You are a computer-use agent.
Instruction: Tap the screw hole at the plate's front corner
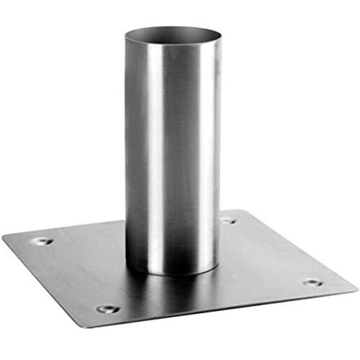(108, 309)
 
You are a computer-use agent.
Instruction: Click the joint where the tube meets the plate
(173, 273)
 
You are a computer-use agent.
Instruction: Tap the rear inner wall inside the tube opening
(173, 31)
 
